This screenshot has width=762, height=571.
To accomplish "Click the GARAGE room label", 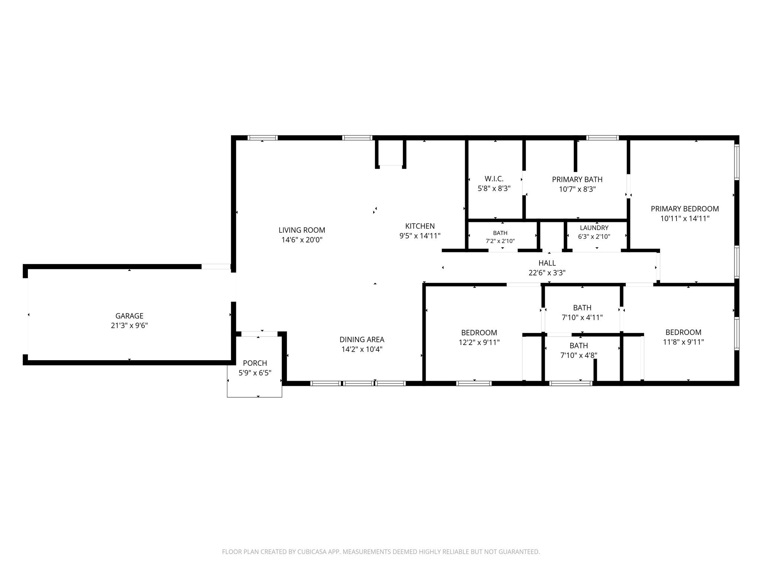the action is click(129, 316).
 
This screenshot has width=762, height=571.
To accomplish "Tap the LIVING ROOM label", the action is click(302, 230).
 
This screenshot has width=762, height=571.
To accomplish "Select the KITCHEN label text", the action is click(420, 226).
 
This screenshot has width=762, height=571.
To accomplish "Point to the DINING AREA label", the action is click(362, 339).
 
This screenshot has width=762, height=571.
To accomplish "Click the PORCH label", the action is click(255, 363).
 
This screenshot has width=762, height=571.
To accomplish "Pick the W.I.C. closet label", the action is click(494, 179).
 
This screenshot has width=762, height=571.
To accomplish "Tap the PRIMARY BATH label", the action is click(577, 180).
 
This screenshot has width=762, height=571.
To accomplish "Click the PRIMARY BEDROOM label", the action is click(685, 209).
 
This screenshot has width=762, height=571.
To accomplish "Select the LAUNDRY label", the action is click(594, 228).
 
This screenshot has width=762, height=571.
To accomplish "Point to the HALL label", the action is click(547, 263).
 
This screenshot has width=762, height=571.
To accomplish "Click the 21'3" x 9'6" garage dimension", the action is click(129, 326).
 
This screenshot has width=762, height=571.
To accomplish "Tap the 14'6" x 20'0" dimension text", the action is click(302, 240).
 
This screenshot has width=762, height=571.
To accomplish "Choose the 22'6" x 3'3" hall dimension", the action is click(547, 273).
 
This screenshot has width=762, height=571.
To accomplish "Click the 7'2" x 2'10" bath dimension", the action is click(500, 241).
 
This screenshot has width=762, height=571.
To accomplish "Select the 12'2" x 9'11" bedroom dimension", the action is click(479, 342).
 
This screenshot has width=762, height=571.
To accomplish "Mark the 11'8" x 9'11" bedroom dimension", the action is click(683, 342).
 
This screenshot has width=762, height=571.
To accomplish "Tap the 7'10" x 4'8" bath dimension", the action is click(579, 355).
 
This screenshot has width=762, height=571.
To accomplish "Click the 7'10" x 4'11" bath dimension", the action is click(582, 317).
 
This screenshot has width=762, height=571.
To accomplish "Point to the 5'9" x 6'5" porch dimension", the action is click(255, 373).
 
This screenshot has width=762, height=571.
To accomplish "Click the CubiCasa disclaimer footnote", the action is click(381, 552).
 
